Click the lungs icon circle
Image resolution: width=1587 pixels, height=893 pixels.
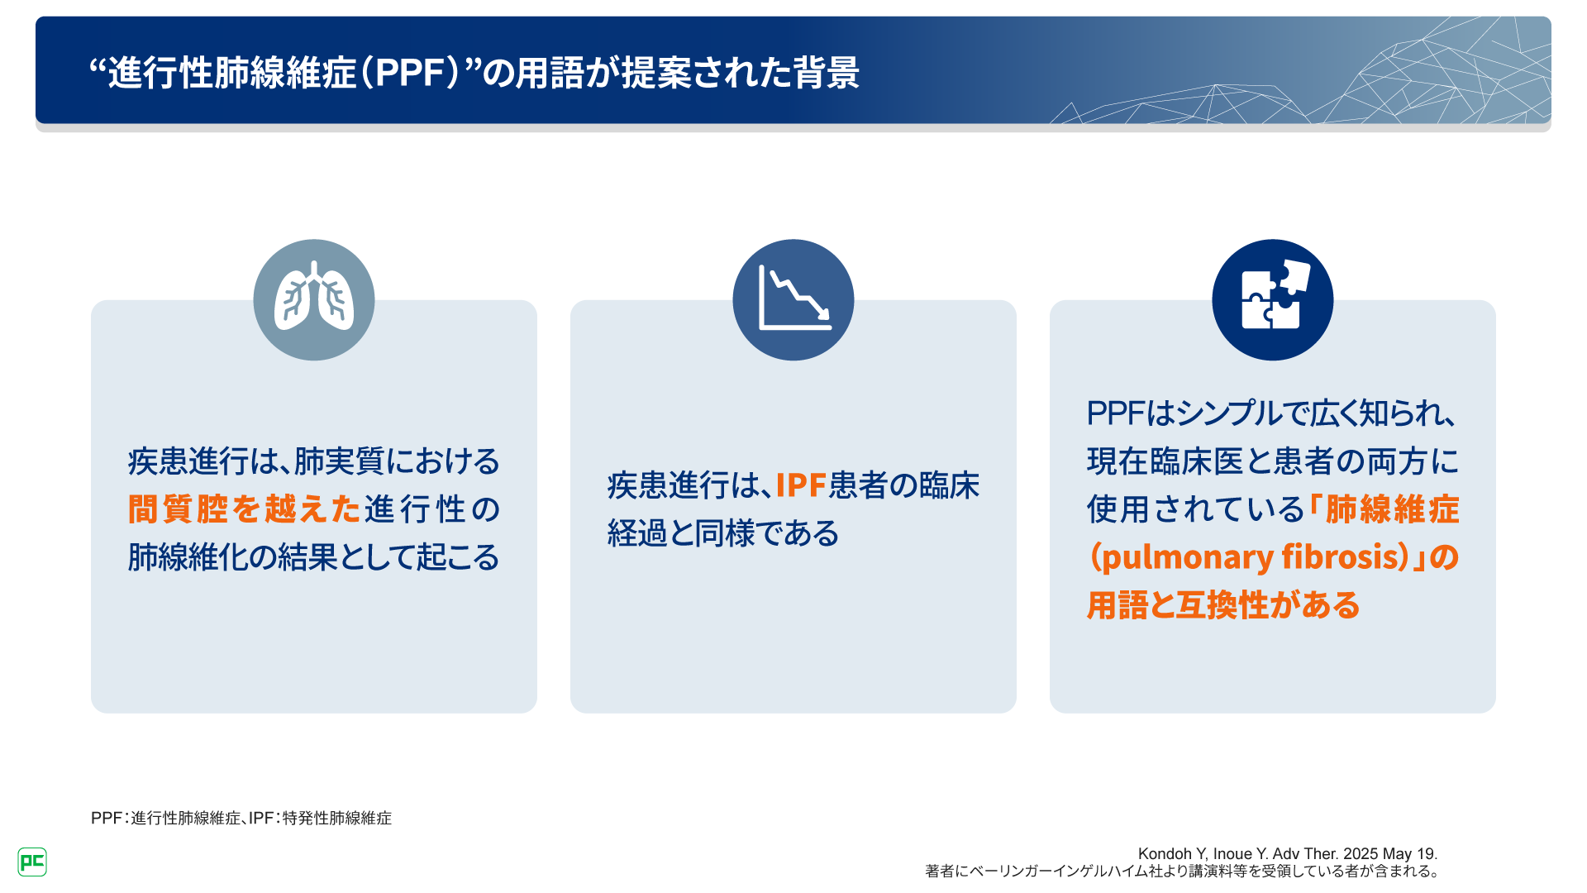click(314, 299)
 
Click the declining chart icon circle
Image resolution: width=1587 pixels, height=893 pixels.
click(793, 299)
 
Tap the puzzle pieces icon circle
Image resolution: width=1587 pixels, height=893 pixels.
click(1273, 299)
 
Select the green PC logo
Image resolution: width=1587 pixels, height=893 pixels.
click(32, 862)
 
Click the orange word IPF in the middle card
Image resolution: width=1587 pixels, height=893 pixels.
click(801, 485)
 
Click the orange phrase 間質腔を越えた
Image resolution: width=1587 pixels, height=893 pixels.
click(245, 509)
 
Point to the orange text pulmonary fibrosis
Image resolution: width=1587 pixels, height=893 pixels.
click(1249, 556)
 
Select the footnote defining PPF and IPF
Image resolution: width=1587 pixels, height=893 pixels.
click(241, 818)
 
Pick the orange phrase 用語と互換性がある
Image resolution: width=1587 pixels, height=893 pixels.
click(1223, 605)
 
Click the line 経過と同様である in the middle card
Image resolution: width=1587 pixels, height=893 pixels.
click(723, 533)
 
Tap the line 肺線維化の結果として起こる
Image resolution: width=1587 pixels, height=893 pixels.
click(314, 557)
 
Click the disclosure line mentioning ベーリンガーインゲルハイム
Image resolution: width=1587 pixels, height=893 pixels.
click(1183, 871)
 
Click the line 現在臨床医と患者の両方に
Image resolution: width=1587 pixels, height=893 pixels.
click(1273, 461)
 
